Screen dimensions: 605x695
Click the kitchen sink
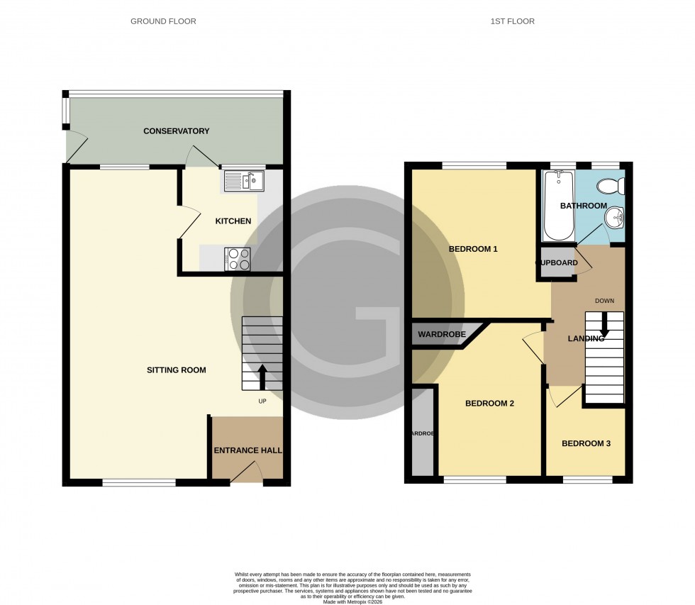pyautogui.click(x=244, y=182)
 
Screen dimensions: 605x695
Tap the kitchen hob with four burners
pyautogui.click(x=238, y=259)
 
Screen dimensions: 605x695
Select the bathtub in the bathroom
pyautogui.click(x=557, y=206)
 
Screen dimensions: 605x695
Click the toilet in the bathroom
pyautogui.click(x=609, y=187)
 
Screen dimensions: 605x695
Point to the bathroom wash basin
pyautogui.click(x=616, y=218)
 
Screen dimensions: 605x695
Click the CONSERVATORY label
pyautogui.click(x=176, y=131)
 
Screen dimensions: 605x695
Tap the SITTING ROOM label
pyautogui.click(x=176, y=370)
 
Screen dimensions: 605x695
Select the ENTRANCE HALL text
pyautogui.click(x=248, y=450)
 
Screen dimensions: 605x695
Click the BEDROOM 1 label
pyautogui.click(x=473, y=249)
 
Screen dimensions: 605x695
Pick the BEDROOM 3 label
pyautogui.click(x=586, y=444)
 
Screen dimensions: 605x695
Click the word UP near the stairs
pyautogui.click(x=262, y=401)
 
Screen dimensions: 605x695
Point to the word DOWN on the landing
pyautogui.click(x=604, y=301)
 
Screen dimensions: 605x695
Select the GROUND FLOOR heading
pyautogui.click(x=163, y=21)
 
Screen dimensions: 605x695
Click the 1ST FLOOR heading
pyautogui.click(x=512, y=21)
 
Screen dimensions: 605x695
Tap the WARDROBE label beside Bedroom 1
pyautogui.click(x=441, y=334)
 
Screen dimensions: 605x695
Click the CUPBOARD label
pyautogui.click(x=557, y=263)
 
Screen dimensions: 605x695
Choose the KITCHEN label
pyautogui.click(x=233, y=221)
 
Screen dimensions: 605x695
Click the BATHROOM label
pyautogui.click(x=583, y=206)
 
